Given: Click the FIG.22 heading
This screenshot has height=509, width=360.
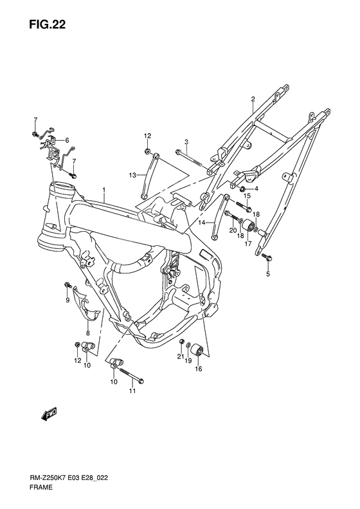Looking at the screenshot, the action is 47,24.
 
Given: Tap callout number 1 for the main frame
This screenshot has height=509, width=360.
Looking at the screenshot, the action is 104,190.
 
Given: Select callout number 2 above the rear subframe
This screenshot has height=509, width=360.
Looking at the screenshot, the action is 253,98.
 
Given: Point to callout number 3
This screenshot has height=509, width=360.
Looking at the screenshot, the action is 186,142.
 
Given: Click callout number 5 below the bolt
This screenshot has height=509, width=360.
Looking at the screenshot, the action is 268,274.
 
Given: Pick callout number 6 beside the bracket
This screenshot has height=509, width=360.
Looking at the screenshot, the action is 67,140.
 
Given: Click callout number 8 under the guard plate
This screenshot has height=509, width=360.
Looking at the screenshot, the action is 88,333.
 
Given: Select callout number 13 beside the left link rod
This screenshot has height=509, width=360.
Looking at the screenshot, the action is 132,175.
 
